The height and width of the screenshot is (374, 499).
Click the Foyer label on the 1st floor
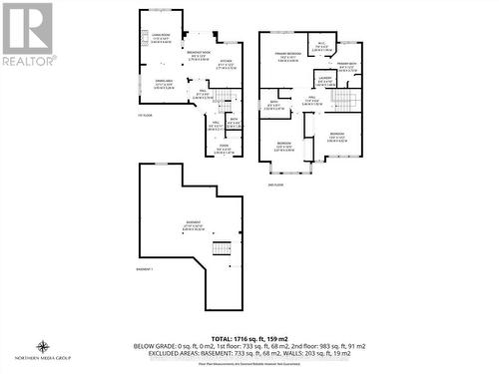(224, 149)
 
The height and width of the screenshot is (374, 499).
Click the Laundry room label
(325, 81)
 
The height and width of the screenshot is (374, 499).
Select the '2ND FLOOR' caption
(274, 186)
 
